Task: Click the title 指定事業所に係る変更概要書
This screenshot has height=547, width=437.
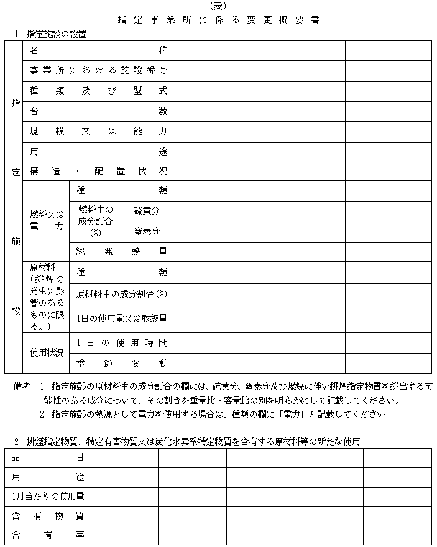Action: pyautogui.click(x=218, y=19)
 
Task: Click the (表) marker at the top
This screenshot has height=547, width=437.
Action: pyautogui.click(x=218, y=6)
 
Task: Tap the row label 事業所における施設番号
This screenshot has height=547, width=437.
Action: pyautogui.click(x=98, y=70)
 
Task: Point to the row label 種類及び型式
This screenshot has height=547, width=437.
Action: pyautogui.click(x=98, y=91)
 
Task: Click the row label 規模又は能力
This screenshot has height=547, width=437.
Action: pyautogui.click(x=98, y=131)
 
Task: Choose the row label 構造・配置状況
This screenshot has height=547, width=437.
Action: pyautogui.click(x=98, y=171)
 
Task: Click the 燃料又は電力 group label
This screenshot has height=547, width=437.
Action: pyautogui.click(x=47, y=221)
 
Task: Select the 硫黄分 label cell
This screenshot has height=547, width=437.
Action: pyautogui.click(x=147, y=211)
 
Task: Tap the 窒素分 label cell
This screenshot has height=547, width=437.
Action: pyautogui.click(x=147, y=231)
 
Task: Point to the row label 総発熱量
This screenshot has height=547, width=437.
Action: pyautogui.click(x=121, y=252)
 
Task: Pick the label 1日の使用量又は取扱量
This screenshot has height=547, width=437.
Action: pyautogui.click(x=121, y=319)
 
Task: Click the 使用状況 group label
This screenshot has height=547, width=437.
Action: pyautogui.click(x=47, y=353)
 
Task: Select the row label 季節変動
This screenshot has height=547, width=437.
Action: pyautogui.click(x=121, y=363)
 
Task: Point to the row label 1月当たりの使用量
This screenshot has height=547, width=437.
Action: pyautogui.click(x=48, y=497)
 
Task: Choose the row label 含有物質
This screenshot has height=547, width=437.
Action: pyautogui.click(x=48, y=516)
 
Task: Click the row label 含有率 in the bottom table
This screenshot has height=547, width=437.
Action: pyautogui.click(x=48, y=535)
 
